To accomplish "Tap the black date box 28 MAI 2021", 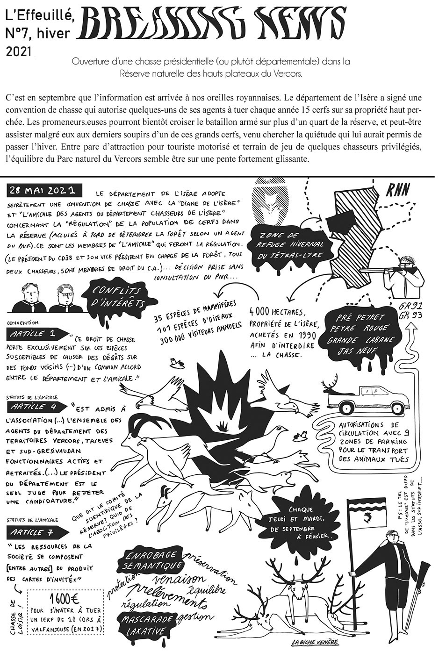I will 44,191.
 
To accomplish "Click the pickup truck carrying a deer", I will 365,397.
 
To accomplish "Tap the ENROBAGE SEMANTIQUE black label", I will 150,559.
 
